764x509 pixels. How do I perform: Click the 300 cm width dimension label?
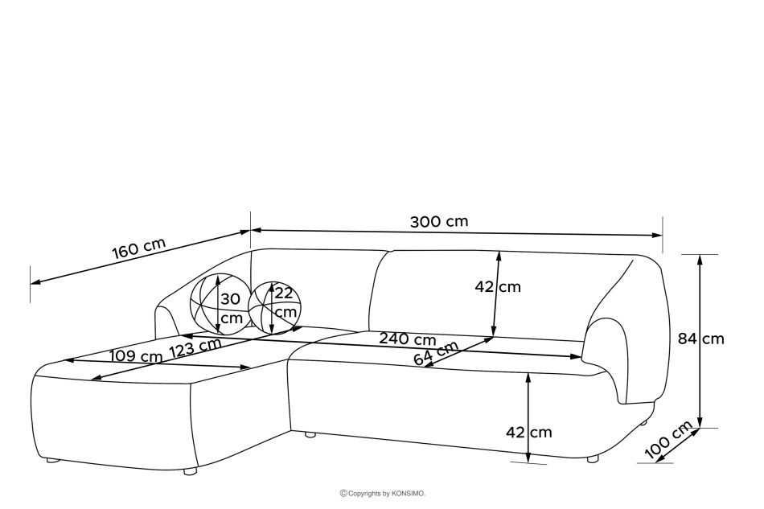(x=439, y=222)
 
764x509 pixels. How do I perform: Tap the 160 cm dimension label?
(x=138, y=248)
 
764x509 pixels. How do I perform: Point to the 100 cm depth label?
(x=669, y=441)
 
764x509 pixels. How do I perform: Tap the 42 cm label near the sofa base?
(x=529, y=432)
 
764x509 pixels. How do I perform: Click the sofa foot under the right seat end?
(x=594, y=460)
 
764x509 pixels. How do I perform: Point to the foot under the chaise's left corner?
(x=52, y=461)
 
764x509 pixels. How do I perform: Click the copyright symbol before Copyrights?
(x=343, y=492)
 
